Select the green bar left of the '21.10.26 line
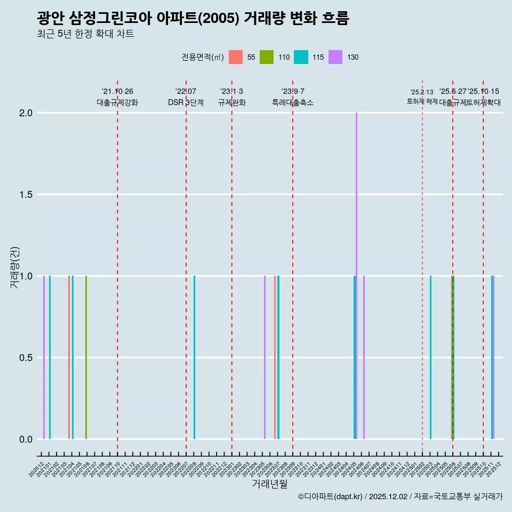pos(86,357)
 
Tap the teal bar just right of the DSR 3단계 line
pos(194,357)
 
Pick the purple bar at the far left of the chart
pos(44,357)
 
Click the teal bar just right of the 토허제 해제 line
pos(430,357)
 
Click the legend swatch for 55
pos(235,57)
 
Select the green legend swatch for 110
pos(267,57)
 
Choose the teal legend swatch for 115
pos(301,57)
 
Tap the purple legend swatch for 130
pos(335,57)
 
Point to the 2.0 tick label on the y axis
pos(26,113)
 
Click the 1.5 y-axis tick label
pos(26,195)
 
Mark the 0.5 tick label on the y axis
pos(26,358)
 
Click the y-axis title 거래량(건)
pos(14,267)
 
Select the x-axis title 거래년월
pos(269,484)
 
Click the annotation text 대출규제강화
pos(117,102)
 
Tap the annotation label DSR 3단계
pos(186,102)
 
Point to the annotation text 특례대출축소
pos(293,102)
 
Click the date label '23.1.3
pos(231,91)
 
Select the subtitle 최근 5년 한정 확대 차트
pos(85,34)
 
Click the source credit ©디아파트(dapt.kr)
pos(331,497)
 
